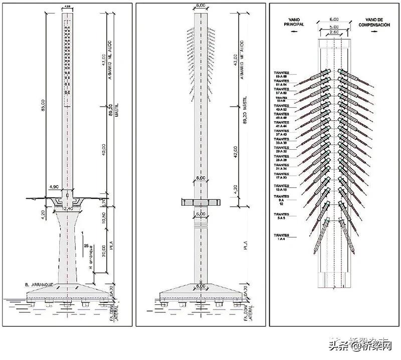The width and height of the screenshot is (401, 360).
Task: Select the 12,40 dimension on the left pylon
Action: click(69, 207)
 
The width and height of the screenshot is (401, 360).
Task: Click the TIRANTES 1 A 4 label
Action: click(282, 237)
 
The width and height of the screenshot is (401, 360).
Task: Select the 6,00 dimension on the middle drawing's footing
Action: click(200, 286)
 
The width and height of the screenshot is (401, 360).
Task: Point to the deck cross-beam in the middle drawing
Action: click(200, 202)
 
